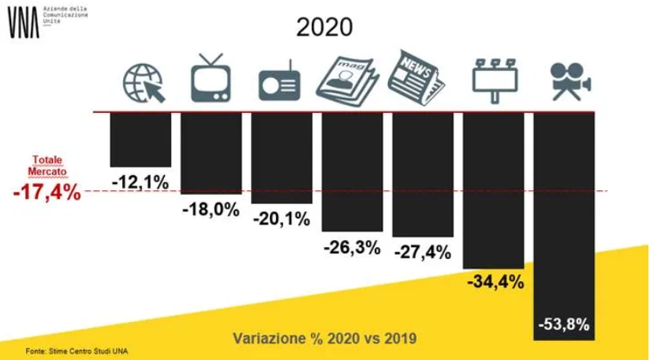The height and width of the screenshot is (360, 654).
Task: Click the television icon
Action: pyautogui.click(x=212, y=77)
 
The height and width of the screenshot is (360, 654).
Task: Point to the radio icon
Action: pyautogui.click(x=281, y=82)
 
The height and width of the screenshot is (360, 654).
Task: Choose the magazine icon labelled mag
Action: pyautogui.click(x=349, y=79)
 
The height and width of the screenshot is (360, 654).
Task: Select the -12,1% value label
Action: pyautogui.click(x=140, y=182)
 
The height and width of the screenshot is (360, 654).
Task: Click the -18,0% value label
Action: pyautogui.click(x=211, y=211)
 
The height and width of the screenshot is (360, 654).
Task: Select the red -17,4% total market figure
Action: pyautogui.click(x=47, y=193)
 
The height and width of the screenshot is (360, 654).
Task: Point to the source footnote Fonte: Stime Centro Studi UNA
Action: pyautogui.click(x=76, y=351)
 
